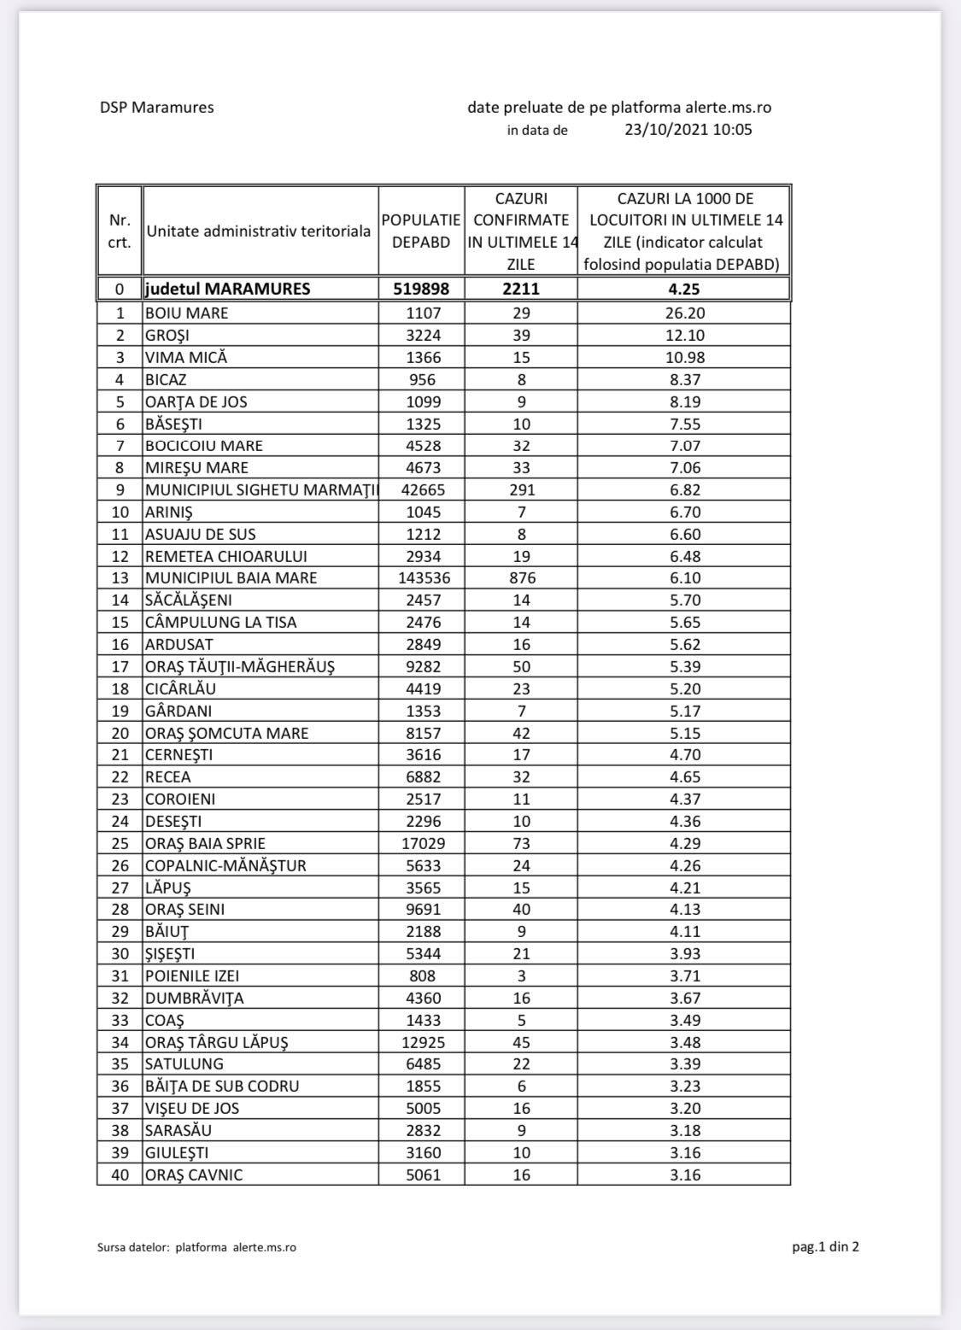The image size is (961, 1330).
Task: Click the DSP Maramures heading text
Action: click(156, 108)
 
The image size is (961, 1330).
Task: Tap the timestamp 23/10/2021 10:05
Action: click(688, 130)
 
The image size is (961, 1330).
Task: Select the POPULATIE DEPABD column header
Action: click(421, 231)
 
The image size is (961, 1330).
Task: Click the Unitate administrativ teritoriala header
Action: click(259, 231)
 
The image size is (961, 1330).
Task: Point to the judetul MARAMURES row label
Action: click(228, 289)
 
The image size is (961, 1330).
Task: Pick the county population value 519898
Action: click(421, 289)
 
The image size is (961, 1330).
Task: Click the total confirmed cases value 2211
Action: click(521, 289)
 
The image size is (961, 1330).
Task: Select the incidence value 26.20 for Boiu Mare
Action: click(684, 313)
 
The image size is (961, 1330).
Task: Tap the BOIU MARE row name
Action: click(186, 313)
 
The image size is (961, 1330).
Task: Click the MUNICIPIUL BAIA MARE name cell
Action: click(231, 578)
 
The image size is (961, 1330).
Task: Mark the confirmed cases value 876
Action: click(521, 578)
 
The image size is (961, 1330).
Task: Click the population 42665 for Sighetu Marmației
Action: click(422, 489)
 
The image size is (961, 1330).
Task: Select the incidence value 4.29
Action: click(684, 843)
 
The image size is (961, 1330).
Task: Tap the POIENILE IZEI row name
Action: click(197, 976)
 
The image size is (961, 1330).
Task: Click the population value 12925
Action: click(422, 1042)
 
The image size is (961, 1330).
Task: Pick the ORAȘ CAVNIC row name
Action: click(193, 1175)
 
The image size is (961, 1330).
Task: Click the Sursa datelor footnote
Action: click(196, 1247)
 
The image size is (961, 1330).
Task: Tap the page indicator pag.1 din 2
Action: click(825, 1246)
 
